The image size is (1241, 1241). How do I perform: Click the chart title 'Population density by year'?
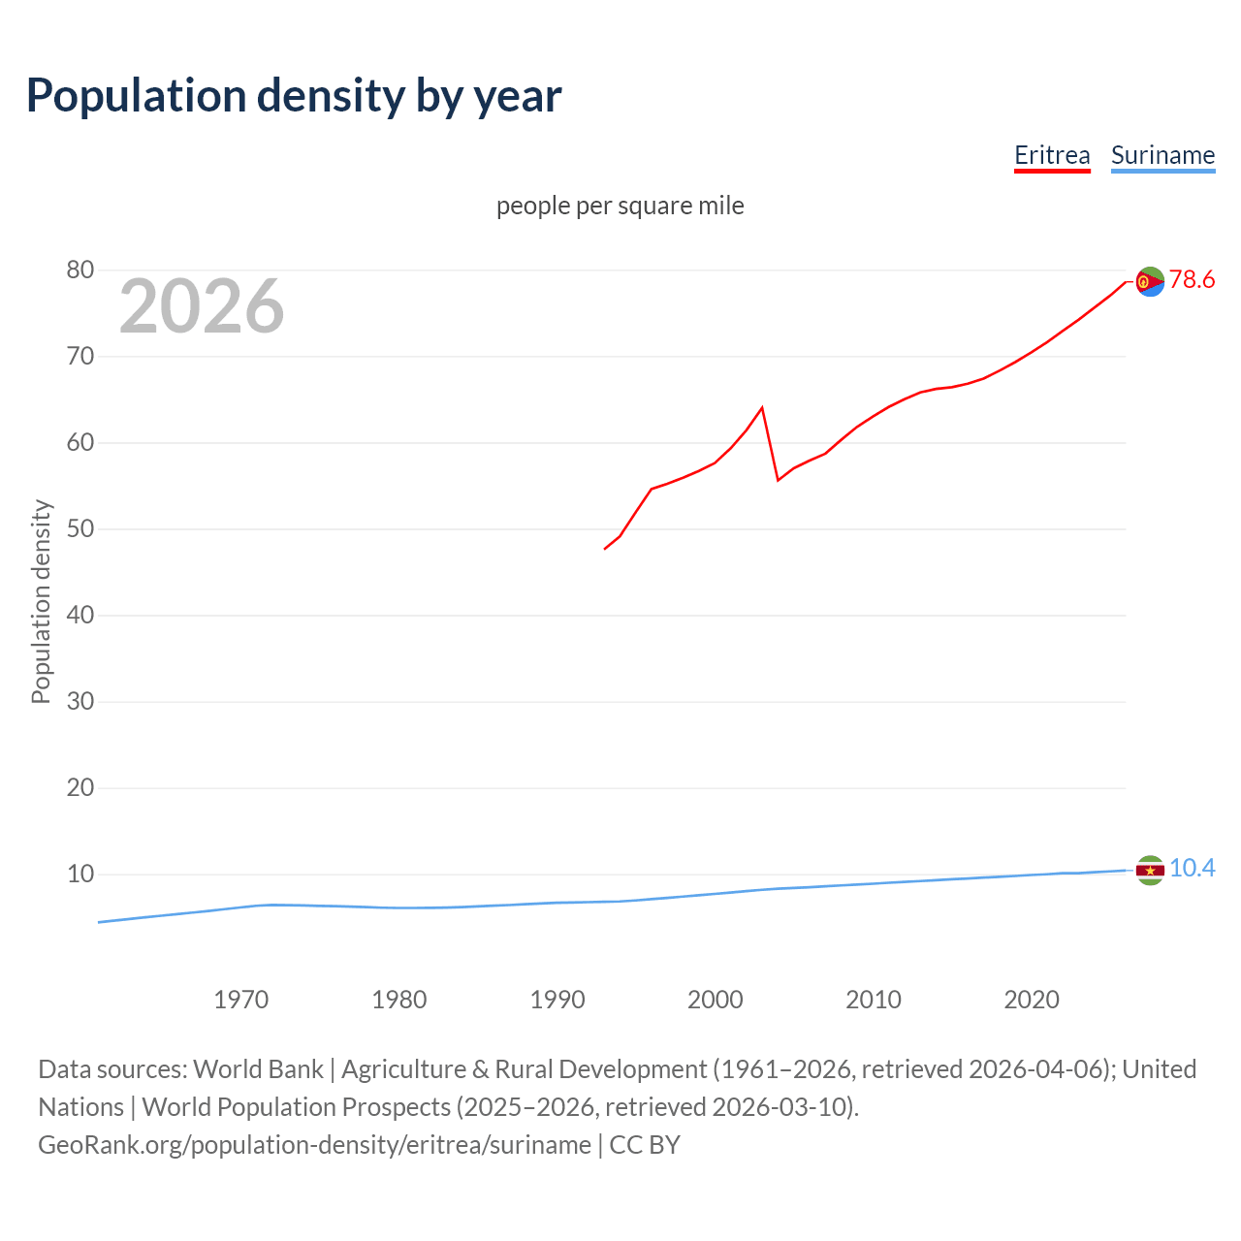tap(294, 96)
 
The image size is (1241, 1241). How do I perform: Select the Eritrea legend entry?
tap(1052, 155)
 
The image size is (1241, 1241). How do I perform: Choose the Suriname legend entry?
tap(1162, 155)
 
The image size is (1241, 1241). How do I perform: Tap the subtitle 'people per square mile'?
tap(620, 206)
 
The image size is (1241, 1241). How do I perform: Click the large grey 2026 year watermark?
tap(202, 306)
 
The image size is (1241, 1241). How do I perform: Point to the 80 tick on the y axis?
tap(80, 270)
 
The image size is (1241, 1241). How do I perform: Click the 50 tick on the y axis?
tap(80, 529)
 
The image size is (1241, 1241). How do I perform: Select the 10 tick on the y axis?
tap(80, 875)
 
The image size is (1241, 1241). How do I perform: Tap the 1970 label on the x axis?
tap(241, 1000)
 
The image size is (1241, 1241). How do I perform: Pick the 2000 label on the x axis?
tap(716, 1000)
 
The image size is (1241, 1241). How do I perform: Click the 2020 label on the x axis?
tap(1032, 1000)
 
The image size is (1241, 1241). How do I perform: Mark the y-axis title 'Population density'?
tap(41, 601)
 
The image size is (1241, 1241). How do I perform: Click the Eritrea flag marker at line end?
tap(1150, 281)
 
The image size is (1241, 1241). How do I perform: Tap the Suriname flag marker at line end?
tap(1150, 871)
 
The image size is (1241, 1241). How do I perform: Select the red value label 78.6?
tap(1192, 280)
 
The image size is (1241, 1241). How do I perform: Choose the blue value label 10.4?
tap(1192, 869)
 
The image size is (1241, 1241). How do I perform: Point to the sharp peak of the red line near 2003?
tap(762, 407)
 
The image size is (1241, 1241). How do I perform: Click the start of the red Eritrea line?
tap(605, 549)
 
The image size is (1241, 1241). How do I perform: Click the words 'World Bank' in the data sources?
tap(258, 1069)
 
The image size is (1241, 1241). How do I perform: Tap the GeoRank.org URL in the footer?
tap(314, 1145)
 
